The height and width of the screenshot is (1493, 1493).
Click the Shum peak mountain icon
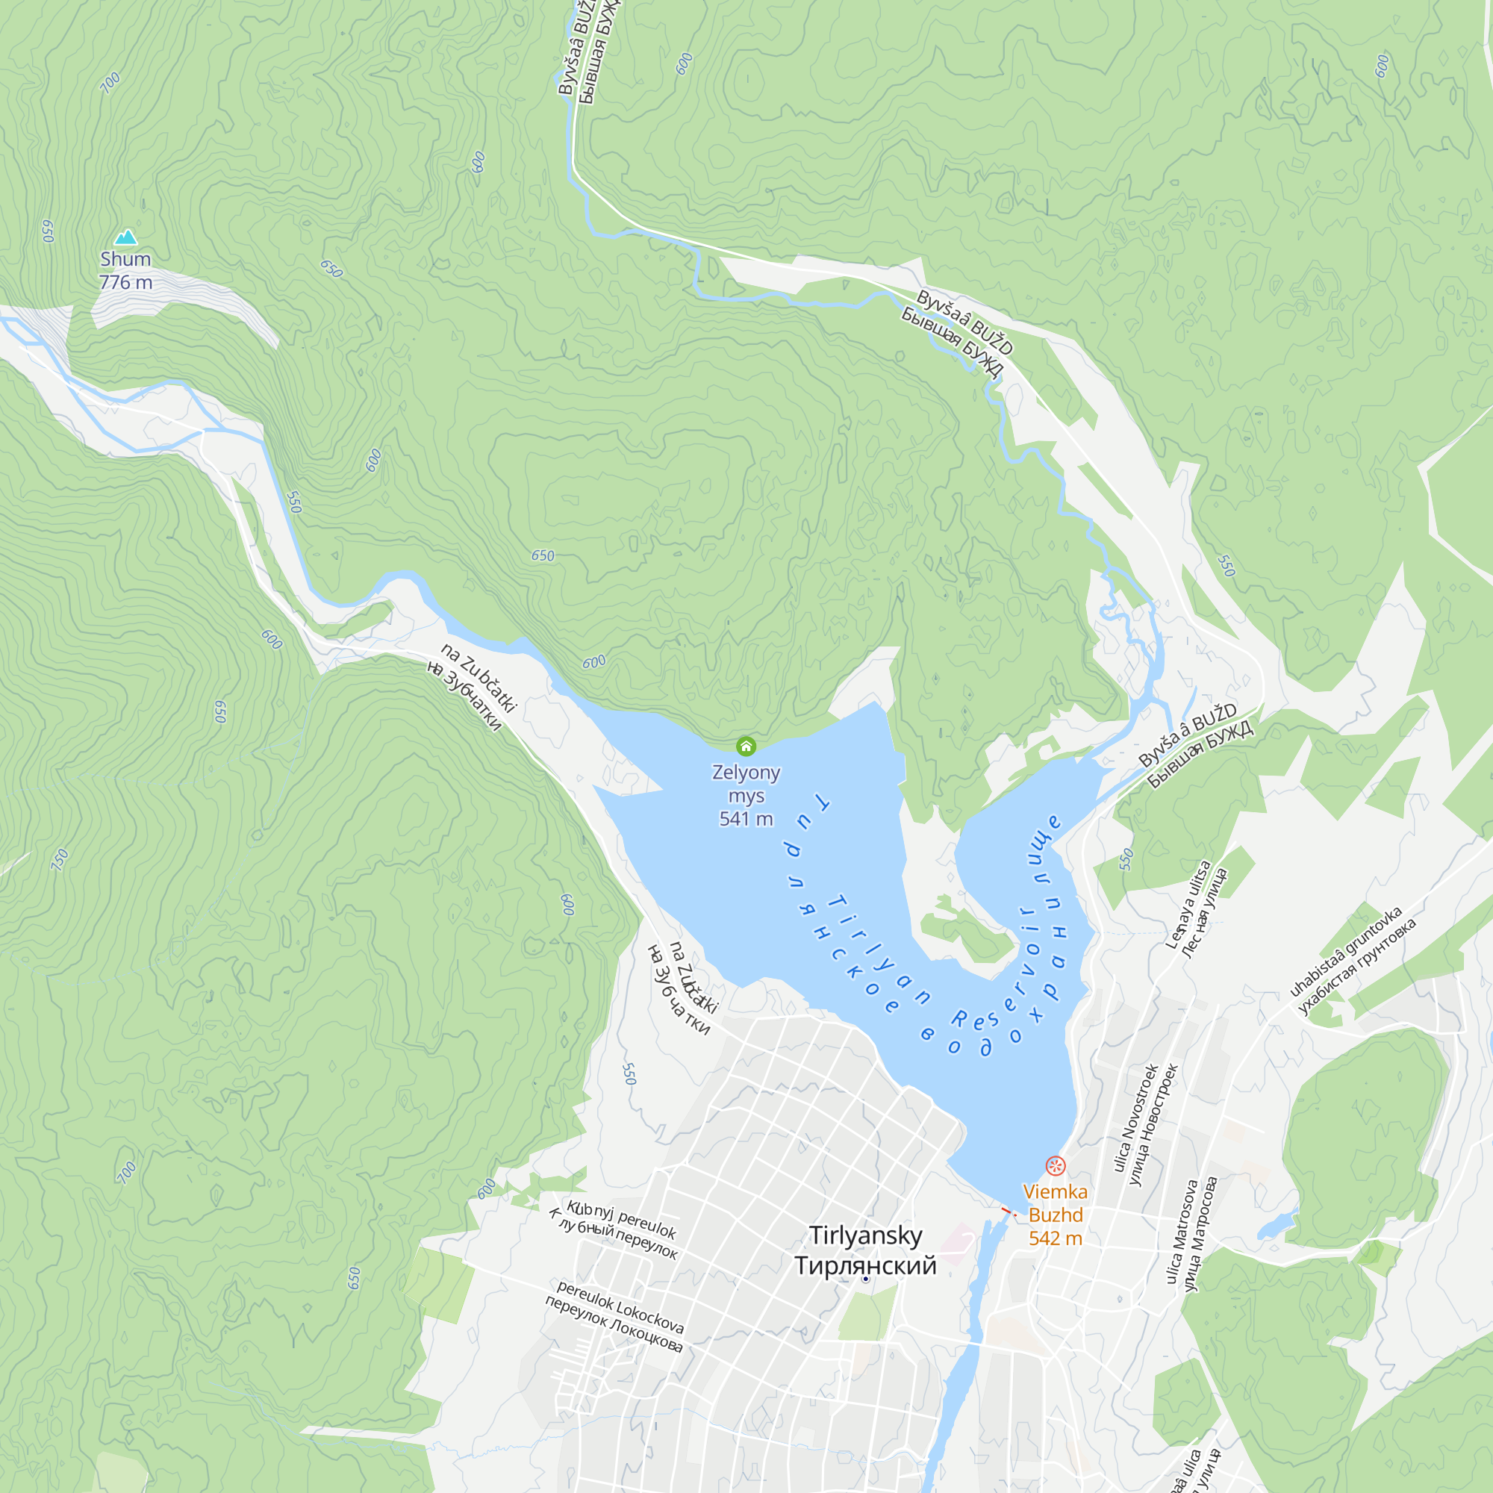pyautogui.click(x=125, y=237)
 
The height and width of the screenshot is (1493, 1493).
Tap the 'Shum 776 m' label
pyautogui.click(x=125, y=270)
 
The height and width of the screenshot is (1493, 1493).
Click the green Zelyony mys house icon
pyautogui.click(x=746, y=746)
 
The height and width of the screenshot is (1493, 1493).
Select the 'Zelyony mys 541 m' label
pyautogui.click(x=746, y=795)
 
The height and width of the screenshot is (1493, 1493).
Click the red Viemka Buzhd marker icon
pyautogui.click(x=1056, y=1165)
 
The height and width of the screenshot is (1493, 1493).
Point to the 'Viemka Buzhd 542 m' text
pyautogui.click(x=1055, y=1215)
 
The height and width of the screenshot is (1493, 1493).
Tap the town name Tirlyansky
pyautogui.click(x=865, y=1235)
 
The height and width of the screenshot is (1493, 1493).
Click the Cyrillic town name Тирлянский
pyautogui.click(x=865, y=1265)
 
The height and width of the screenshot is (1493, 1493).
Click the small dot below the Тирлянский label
pyautogui.click(x=865, y=1279)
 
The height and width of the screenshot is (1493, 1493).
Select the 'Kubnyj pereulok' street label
pyautogui.click(x=621, y=1219)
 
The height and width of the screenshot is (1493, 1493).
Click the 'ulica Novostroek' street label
pyautogui.click(x=1136, y=1118)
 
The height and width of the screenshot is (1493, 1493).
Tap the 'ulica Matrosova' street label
pyautogui.click(x=1182, y=1232)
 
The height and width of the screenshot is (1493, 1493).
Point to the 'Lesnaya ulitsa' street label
pyautogui.click(x=1188, y=905)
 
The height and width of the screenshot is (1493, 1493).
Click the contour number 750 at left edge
pyautogui.click(x=60, y=859)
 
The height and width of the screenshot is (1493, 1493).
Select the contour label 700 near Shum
pyautogui.click(x=110, y=82)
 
